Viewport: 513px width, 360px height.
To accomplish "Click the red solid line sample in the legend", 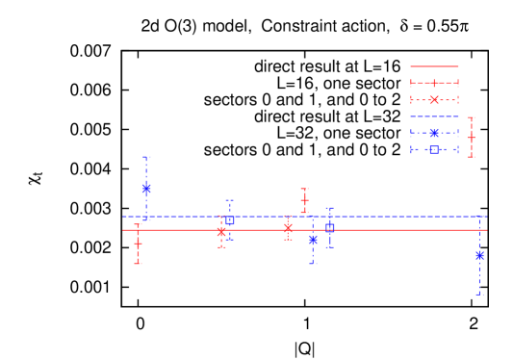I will (x=434, y=66).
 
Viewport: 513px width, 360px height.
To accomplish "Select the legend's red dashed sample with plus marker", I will (x=434, y=83).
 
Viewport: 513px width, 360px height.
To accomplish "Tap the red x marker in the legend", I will (x=434, y=99).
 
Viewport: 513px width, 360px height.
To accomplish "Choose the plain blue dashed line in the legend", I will (x=434, y=116).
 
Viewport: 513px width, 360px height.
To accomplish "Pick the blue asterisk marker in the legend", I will (x=434, y=133).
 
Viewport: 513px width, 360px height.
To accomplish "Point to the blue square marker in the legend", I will (x=434, y=149).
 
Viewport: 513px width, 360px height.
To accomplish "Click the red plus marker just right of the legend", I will (x=471, y=138).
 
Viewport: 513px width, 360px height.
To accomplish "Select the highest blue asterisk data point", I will (x=146, y=189).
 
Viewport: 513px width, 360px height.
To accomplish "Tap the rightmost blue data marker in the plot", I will (x=479, y=255).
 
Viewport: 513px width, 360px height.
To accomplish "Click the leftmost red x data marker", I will (x=221, y=232).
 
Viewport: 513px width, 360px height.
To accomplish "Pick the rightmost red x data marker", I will (x=288, y=228).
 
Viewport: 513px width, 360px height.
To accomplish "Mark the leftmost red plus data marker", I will (x=138, y=244).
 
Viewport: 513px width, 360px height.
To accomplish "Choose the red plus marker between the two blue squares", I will (x=304, y=200).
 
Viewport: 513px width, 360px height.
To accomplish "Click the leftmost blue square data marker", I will (x=229, y=219).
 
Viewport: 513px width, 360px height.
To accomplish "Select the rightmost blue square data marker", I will (x=329, y=228).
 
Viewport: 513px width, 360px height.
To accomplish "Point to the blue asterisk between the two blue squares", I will (x=313, y=239).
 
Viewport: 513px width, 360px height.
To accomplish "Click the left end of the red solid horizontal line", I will (x=123, y=229).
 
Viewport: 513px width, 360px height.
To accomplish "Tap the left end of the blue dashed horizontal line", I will (x=123, y=217).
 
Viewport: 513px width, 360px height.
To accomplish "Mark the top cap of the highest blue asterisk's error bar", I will (x=146, y=157).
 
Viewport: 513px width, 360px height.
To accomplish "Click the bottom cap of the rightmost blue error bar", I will (x=479, y=295).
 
